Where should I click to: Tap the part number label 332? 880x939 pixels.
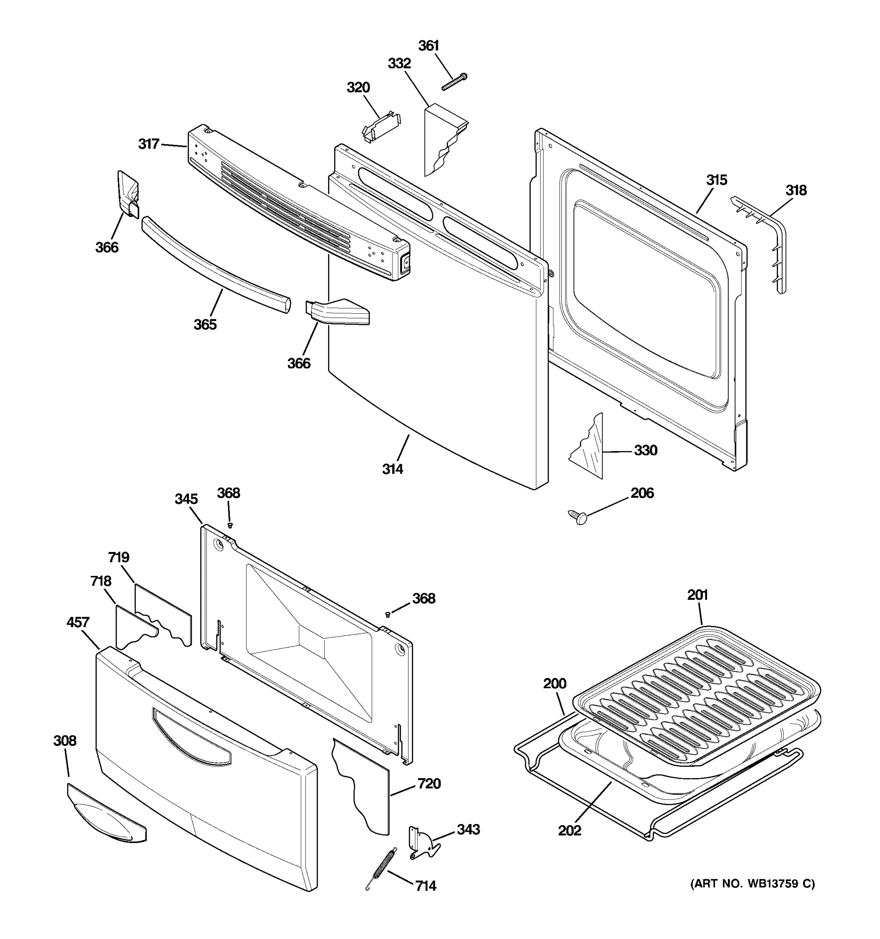coord(399,64)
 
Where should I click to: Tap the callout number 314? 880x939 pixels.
coord(392,469)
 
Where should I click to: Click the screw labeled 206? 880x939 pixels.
coord(578,516)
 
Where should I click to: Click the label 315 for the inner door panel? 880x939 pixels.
coord(716,180)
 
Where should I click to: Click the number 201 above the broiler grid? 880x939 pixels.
coord(697,595)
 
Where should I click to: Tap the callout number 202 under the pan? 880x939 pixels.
coord(569,830)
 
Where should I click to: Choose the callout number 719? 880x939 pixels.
coord(119,558)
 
